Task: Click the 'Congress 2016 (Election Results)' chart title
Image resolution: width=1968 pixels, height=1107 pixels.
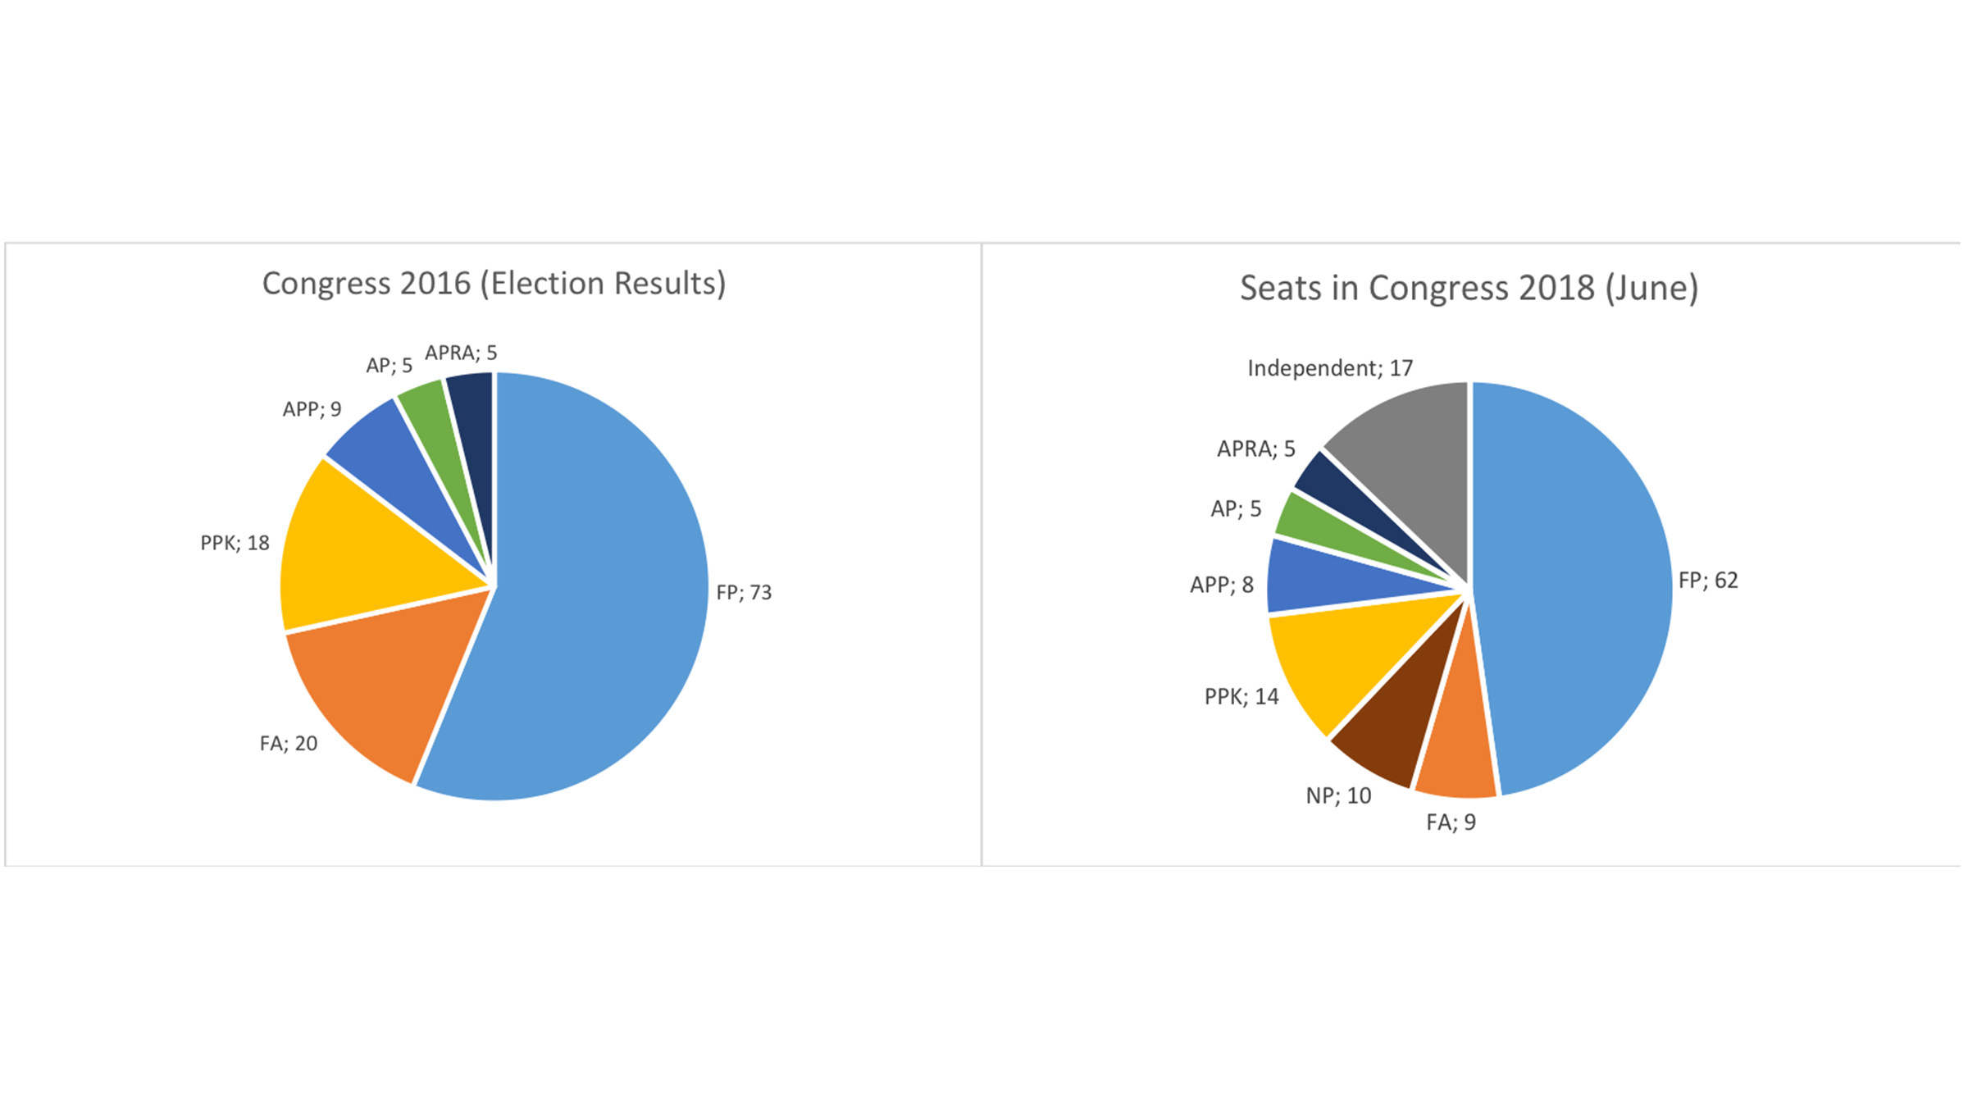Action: click(494, 284)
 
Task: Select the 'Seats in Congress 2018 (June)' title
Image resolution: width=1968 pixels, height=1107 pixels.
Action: click(1468, 289)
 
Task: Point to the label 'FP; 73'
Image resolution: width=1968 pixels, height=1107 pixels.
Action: click(744, 593)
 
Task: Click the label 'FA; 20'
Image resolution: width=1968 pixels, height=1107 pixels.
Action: click(289, 744)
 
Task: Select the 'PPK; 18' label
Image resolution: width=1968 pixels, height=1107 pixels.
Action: click(235, 543)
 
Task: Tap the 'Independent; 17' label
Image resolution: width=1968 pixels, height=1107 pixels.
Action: click(1330, 368)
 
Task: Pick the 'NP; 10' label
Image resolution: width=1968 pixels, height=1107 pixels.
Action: click(1338, 795)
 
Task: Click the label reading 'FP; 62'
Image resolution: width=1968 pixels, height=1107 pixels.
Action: click(1708, 581)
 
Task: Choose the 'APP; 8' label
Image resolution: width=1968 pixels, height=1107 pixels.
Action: click(1222, 585)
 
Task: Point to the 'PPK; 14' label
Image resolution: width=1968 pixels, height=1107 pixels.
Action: click(1241, 697)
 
